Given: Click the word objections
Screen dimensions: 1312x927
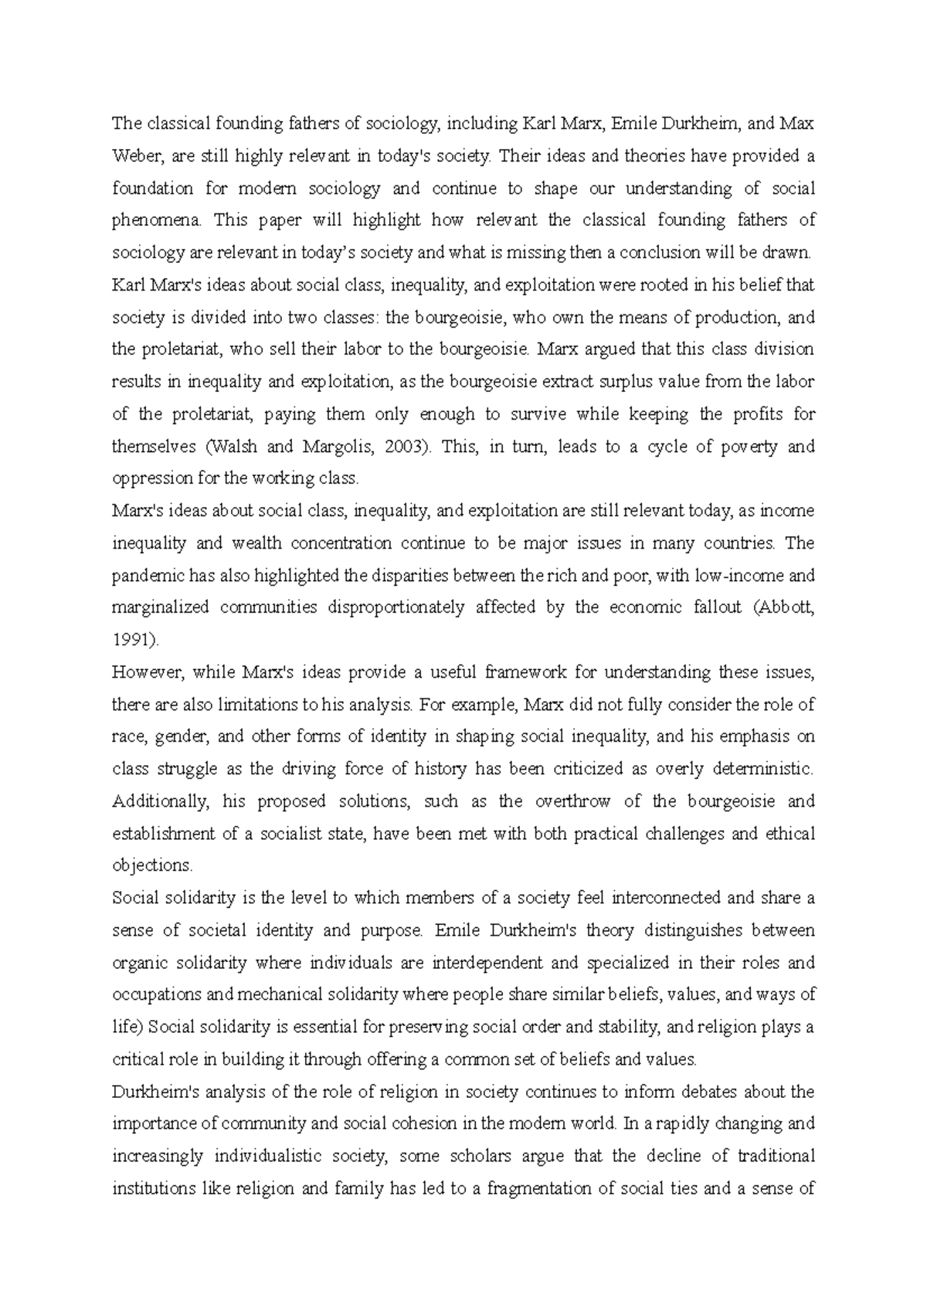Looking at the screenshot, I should pos(151,865).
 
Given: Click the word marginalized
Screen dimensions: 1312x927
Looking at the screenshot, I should pos(160,607).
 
